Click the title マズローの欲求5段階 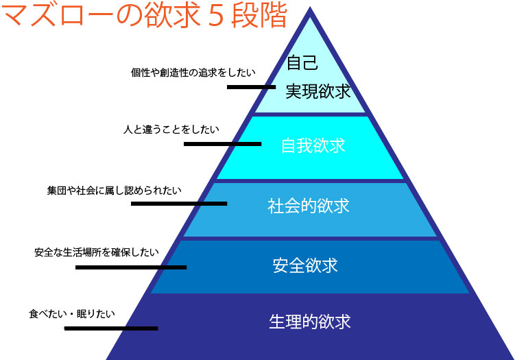[144, 16]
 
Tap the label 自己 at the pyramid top [302, 63]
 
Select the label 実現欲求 [318, 91]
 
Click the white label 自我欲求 [313, 146]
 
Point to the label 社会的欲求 [309, 206]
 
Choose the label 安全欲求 [306, 265]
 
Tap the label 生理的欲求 [310, 321]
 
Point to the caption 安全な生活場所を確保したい [97, 252]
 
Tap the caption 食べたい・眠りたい [72, 314]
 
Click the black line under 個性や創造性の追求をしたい [251, 87]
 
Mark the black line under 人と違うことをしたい [222, 144]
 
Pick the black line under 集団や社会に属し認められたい [179, 204]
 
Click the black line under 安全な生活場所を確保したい [130, 267]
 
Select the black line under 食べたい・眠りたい [111, 328]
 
